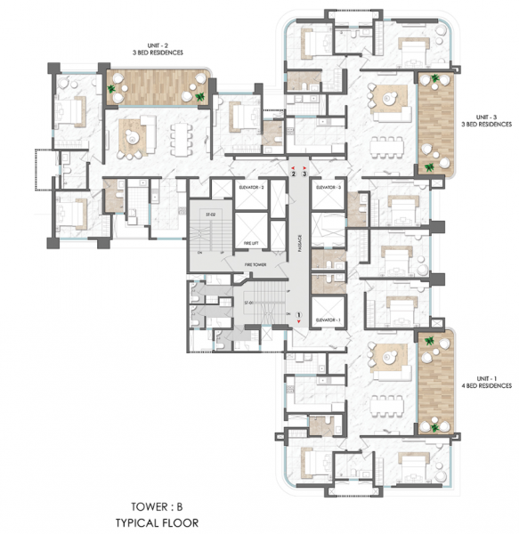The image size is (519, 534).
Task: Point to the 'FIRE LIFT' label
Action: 254,243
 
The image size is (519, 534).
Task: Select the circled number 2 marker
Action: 293,174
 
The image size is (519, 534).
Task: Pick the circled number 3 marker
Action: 305,174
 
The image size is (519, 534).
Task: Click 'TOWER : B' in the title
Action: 162,501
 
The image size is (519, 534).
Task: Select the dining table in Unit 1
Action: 386,400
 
